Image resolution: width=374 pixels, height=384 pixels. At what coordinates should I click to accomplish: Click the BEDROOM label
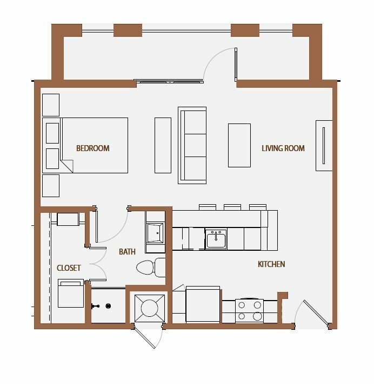coord(93,148)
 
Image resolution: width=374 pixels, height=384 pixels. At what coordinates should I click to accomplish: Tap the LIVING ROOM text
coord(283,148)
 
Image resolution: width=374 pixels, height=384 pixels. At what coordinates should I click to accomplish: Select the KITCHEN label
coord(271,264)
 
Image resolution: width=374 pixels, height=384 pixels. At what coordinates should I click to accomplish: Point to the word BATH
coord(127,251)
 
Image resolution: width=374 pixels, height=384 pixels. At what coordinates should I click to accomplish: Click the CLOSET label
coord(69,268)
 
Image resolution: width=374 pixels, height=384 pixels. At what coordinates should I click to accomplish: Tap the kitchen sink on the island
coord(216,239)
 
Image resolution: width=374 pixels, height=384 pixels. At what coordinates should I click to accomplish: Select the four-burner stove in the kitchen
coord(249,311)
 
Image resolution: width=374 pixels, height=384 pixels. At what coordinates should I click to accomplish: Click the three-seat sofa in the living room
coord(192,145)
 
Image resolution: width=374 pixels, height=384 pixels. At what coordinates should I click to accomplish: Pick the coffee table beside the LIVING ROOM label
coord(239,146)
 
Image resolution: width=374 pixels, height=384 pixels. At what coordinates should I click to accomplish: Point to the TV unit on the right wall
coord(324,146)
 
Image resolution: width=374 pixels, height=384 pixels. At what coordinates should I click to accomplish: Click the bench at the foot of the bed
coord(163,146)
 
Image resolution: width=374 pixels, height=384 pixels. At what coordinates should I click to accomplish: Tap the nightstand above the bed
coord(51,105)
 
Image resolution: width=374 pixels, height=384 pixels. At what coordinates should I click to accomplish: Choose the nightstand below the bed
coord(51,186)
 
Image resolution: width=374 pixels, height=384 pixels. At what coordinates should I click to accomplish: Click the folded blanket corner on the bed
coord(68,166)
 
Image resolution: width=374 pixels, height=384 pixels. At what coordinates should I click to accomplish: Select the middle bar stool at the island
coord(232,207)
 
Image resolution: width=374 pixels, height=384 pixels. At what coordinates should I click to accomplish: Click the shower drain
coord(108,306)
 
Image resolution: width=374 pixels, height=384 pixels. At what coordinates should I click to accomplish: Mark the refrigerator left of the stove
coord(203,304)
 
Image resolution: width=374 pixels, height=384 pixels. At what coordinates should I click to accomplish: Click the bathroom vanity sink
coord(155,233)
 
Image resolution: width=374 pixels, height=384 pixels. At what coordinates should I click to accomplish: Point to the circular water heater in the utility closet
coord(150,308)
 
